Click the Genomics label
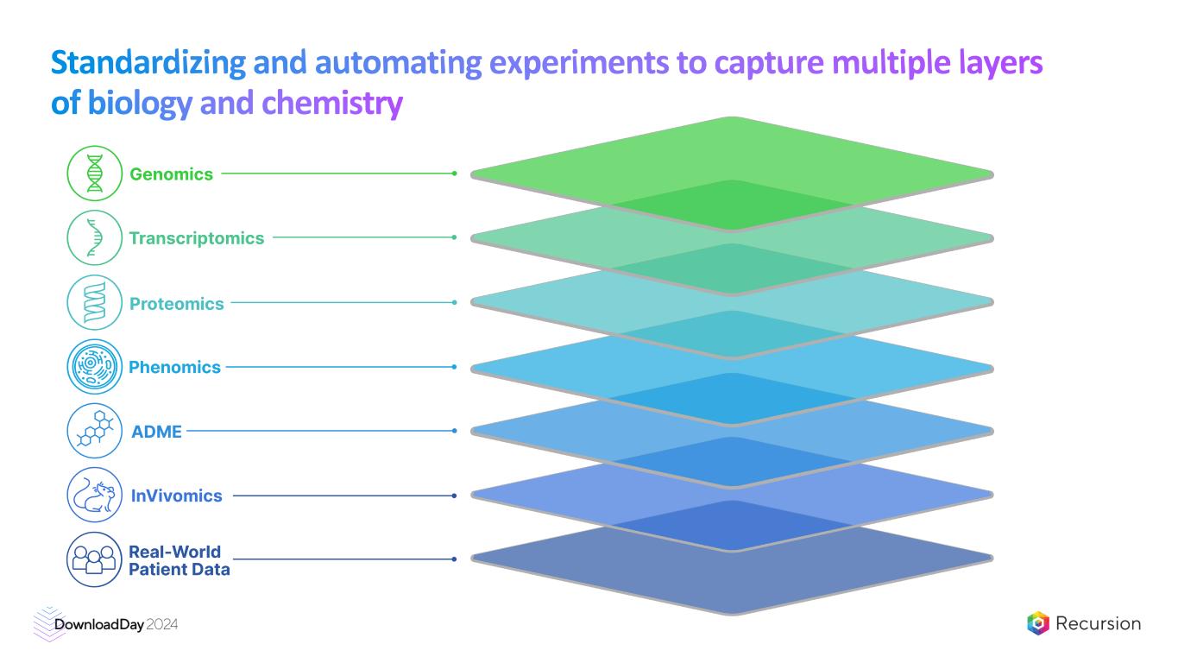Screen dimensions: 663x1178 (171, 174)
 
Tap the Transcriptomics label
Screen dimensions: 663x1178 (197, 238)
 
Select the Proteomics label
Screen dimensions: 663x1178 (176, 304)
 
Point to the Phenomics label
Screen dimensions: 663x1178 (174, 368)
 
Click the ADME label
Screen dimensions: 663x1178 (156, 432)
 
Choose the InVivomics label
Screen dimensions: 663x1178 (176, 496)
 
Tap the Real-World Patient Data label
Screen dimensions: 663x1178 (179, 560)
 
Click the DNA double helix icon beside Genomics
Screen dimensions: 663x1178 (95, 174)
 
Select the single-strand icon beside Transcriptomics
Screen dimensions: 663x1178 (95, 238)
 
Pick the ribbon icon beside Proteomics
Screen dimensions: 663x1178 (95, 303)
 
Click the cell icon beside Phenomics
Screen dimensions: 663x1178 (95, 367)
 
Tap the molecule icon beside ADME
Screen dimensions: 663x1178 (95, 431)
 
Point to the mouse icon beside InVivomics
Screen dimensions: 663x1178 (95, 496)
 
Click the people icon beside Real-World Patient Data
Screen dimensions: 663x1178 (95, 560)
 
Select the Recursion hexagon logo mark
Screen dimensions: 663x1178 (1038, 623)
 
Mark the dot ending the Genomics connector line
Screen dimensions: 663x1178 (454, 174)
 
